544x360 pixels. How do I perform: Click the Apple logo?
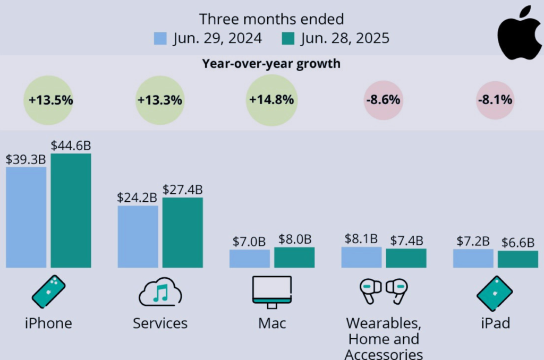point(519,33)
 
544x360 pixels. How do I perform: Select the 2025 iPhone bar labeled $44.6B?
point(71,210)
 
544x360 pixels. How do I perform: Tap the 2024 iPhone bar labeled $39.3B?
point(26,217)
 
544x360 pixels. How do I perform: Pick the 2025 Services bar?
point(182,233)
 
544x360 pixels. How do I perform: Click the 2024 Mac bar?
point(249,259)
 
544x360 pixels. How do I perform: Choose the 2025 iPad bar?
point(517,259)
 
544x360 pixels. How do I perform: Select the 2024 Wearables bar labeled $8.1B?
point(361,257)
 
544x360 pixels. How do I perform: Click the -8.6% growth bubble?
point(383,100)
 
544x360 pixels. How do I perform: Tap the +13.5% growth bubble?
point(48,100)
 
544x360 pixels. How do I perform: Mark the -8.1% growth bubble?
point(495,100)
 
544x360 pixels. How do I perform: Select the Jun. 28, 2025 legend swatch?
point(288,39)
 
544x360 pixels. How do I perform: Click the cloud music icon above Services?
point(160,292)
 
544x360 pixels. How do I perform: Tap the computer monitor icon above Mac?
point(271,292)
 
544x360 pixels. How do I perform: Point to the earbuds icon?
point(383,290)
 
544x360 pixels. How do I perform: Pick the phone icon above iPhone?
point(48,292)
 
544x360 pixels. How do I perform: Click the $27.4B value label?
point(182,190)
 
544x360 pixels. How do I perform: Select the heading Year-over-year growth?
point(271,64)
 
